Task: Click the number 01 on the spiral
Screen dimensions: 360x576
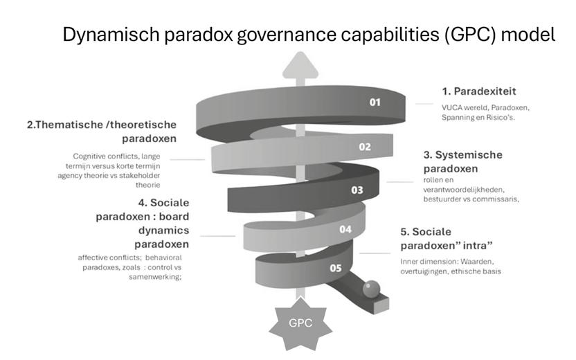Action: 375,102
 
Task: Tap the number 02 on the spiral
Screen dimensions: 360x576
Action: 365,147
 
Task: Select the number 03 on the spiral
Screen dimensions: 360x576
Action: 357,189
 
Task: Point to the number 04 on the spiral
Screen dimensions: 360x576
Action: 345,229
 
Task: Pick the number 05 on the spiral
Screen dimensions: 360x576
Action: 335,267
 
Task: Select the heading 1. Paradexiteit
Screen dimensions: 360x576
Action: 479,91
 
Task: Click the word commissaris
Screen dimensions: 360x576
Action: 495,199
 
